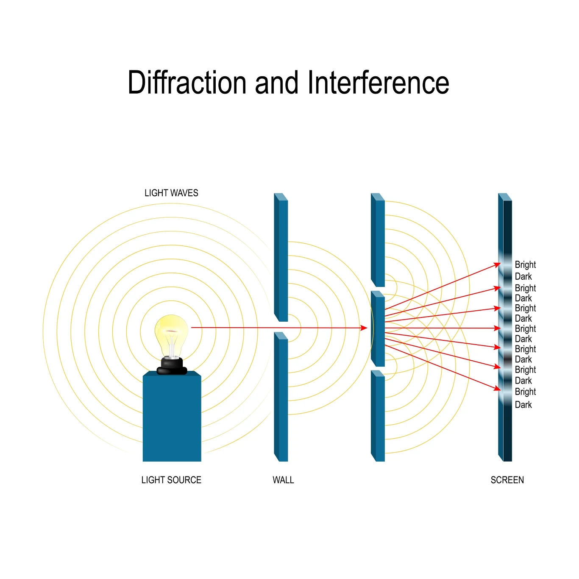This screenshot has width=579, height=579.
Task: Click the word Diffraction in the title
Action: point(187,82)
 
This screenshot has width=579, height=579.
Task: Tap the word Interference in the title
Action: point(378,82)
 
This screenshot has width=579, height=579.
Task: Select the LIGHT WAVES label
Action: point(171,193)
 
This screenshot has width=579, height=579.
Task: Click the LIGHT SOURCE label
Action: point(171,480)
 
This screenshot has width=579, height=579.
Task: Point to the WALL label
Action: point(283,480)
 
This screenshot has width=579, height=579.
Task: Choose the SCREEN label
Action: point(507,480)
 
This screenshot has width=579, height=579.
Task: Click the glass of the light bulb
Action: point(171,336)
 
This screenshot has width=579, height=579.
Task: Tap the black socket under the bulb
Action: point(172,366)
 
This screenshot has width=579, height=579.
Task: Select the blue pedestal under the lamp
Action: point(172,416)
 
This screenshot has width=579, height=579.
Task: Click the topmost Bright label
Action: point(525,265)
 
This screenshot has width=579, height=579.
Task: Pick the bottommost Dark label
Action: point(523,405)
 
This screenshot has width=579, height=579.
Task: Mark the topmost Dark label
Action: point(523,276)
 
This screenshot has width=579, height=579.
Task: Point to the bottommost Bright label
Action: point(525,392)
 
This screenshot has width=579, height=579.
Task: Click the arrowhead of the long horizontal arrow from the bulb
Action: point(364,328)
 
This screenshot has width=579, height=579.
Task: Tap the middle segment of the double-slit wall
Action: point(378,329)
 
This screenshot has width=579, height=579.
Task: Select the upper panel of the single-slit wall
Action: point(281,257)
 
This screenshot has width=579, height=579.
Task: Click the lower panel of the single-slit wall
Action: point(281,397)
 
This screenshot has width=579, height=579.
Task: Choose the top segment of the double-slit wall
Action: point(378,240)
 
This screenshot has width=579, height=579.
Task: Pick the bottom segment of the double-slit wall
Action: point(378,416)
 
